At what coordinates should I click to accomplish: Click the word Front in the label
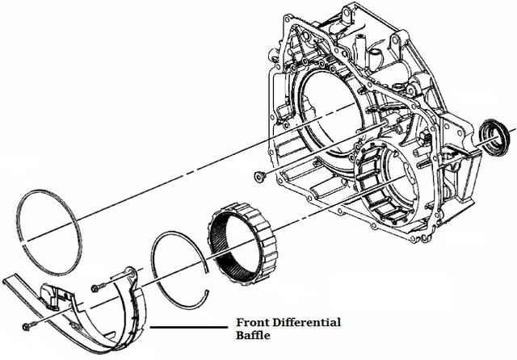[x=253, y=323]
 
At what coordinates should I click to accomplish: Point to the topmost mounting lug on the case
[x=343, y=11]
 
